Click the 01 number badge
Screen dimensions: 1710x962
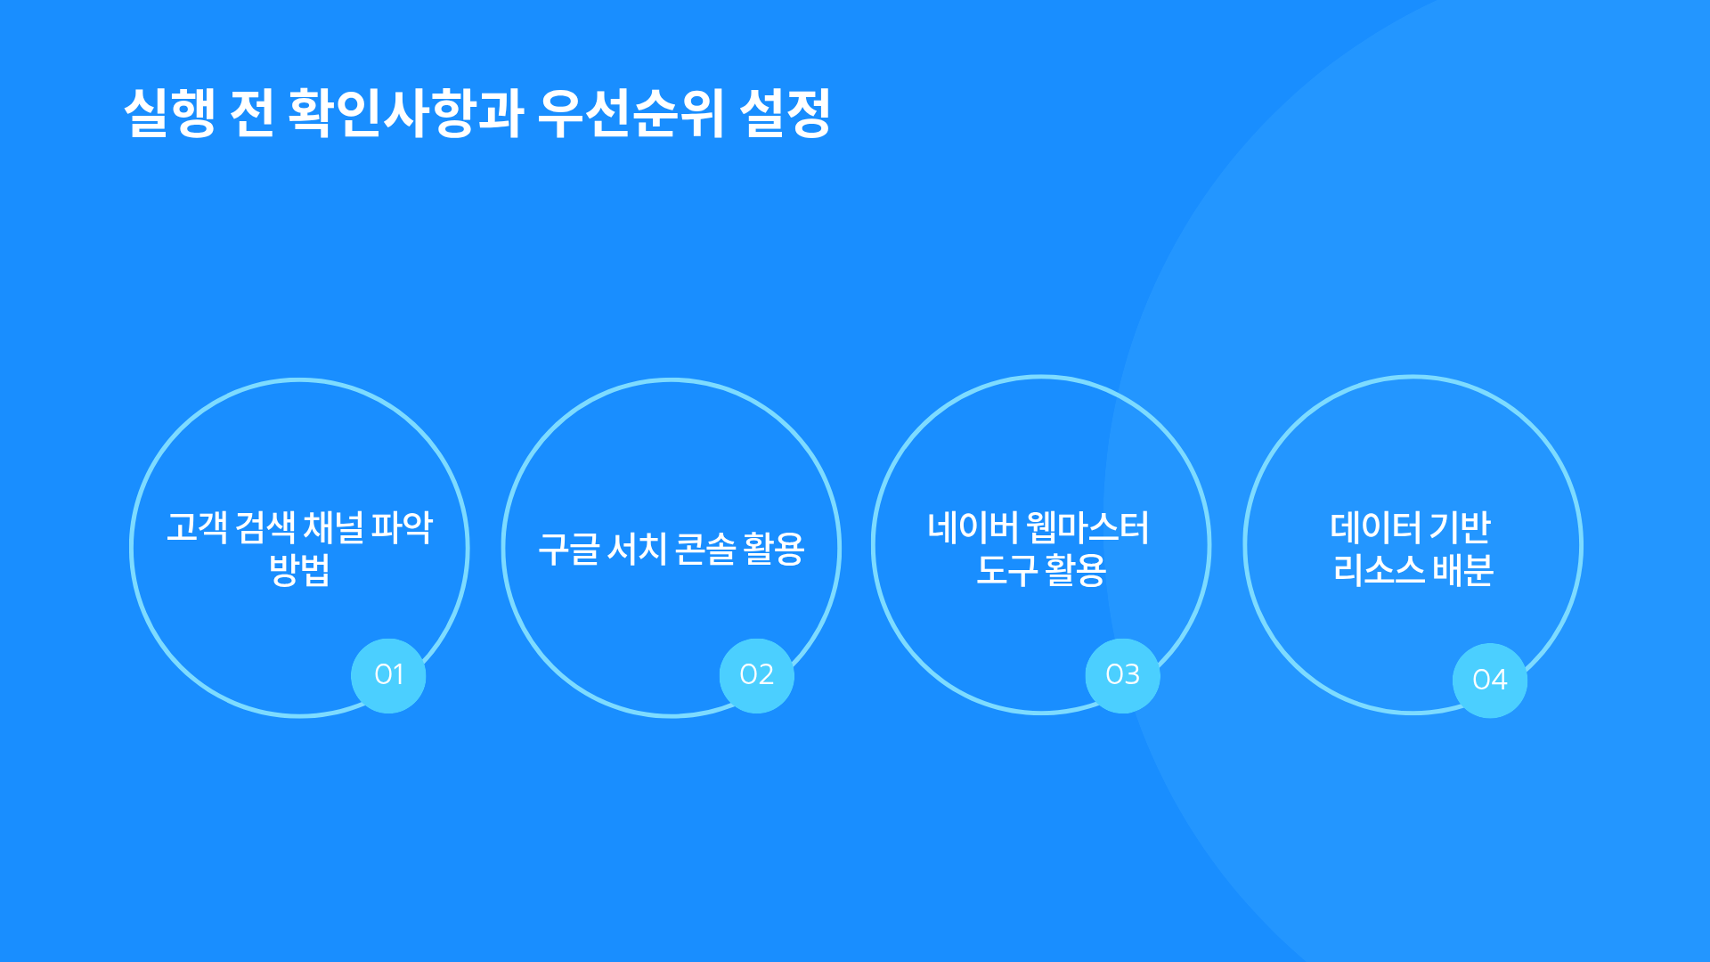coord(388,675)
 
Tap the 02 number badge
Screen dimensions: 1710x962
coord(757,675)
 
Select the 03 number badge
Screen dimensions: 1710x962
coord(1123,675)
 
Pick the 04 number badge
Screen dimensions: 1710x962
coord(1490,681)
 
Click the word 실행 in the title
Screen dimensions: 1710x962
coord(169,113)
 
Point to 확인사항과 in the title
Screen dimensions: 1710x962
coord(405,113)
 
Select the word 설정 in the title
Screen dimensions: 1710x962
coord(785,113)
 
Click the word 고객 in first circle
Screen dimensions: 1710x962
coord(198,527)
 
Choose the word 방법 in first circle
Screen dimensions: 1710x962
coord(300,570)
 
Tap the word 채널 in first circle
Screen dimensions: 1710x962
coord(334,527)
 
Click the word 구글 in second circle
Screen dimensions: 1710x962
coord(569,549)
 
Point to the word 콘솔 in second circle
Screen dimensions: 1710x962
coord(705,549)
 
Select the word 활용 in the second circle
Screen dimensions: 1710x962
coord(774,549)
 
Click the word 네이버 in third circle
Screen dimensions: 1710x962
coord(973,527)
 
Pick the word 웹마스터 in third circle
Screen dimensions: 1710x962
coord(1088,527)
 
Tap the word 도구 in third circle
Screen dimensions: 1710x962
coord(1007,570)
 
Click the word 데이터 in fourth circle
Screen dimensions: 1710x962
coord(1376,527)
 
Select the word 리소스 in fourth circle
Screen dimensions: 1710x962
coord(1380,570)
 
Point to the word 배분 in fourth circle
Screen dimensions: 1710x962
coord(1463,570)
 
